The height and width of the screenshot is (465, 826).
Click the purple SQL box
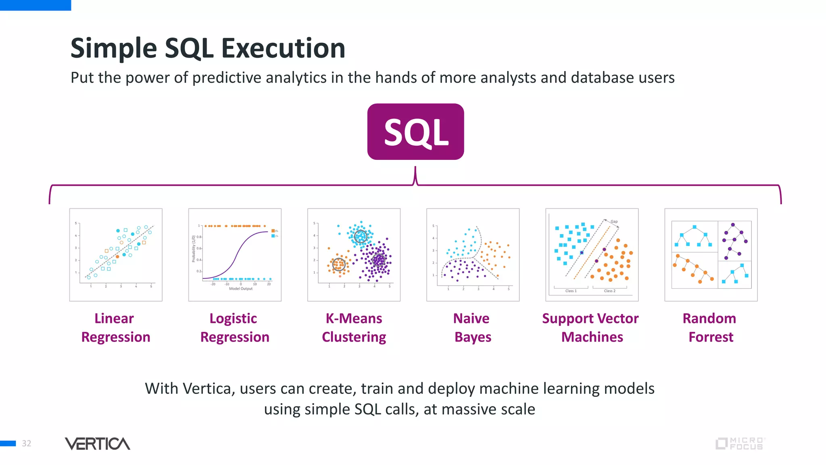click(415, 132)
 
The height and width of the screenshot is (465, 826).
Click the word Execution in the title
click(283, 48)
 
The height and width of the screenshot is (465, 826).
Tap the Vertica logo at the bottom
click(97, 444)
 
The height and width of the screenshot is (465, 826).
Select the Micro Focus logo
click(740, 444)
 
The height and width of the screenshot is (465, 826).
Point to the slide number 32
click(27, 444)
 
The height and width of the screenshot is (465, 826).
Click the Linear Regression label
click(115, 327)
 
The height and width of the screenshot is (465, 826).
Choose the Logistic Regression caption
click(234, 327)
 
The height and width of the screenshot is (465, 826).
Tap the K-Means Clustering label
click(354, 327)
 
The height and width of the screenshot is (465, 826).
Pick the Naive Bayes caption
click(472, 327)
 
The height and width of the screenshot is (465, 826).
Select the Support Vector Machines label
click(590, 327)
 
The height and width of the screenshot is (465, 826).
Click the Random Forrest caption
click(710, 327)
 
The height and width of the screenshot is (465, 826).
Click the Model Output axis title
click(240, 289)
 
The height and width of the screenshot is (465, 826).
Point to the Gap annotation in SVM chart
click(614, 222)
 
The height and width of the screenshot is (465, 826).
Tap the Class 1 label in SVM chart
click(571, 291)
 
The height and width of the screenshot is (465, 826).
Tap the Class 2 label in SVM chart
click(609, 291)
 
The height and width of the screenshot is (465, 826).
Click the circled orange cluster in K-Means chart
click(339, 265)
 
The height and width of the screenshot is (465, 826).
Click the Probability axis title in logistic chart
click(194, 249)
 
